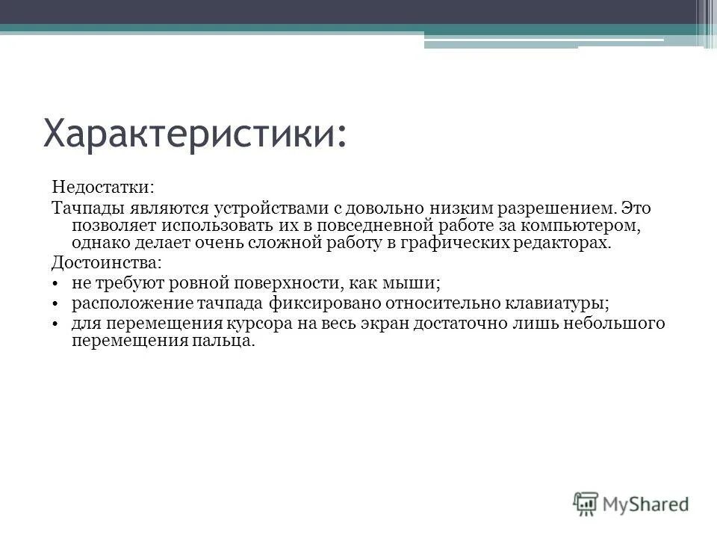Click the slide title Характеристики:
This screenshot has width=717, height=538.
tap(195, 134)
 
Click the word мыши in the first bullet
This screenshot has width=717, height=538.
tap(420, 284)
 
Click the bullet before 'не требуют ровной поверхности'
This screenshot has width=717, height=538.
tap(57, 285)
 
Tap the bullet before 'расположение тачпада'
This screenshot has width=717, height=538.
tap(57, 304)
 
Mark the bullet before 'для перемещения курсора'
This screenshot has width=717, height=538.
tap(57, 324)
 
